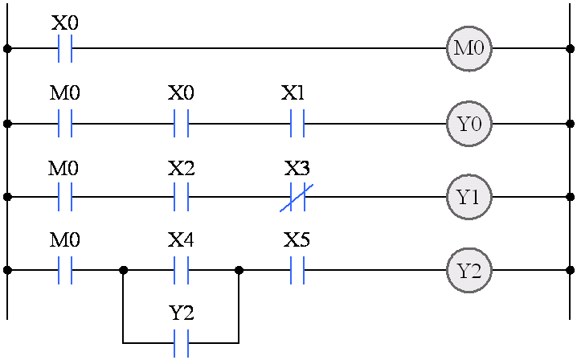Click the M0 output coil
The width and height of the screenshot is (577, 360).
[x=469, y=48]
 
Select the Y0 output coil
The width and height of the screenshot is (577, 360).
[x=469, y=125]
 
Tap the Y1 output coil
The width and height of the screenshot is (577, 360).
[x=469, y=197]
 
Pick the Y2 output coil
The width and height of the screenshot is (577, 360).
[x=469, y=271]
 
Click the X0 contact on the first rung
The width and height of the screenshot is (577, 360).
[x=66, y=48]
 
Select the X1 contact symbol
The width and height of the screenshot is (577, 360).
[x=297, y=125]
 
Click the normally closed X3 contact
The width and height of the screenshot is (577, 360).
[x=297, y=197]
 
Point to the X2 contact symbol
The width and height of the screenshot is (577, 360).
[x=182, y=197]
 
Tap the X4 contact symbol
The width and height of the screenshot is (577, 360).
[x=182, y=271]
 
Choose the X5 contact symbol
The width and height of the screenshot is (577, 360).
[x=297, y=271]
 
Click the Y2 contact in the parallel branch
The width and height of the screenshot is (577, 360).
[x=182, y=343]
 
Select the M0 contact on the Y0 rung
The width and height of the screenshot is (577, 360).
[x=66, y=125]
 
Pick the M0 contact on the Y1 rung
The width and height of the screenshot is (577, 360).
[x=66, y=197]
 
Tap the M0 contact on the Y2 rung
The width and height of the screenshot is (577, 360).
[x=66, y=271]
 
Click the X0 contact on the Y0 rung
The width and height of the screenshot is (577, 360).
[x=182, y=125]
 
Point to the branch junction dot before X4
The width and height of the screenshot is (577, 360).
[x=124, y=271]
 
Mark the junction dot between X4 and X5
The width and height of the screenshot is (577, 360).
[x=239, y=271]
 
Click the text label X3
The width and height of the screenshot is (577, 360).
[x=297, y=169]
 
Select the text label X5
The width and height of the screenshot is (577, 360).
[x=297, y=240]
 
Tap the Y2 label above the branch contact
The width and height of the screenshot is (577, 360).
[x=182, y=313]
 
